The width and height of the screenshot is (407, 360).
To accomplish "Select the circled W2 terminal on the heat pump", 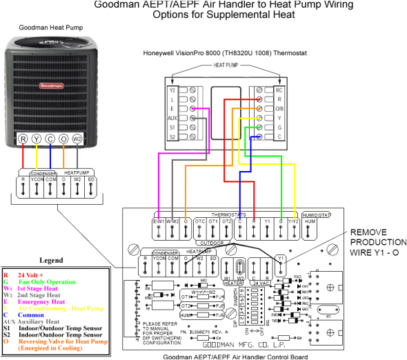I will (x=78, y=139).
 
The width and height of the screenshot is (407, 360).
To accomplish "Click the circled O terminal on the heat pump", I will (x=63, y=139).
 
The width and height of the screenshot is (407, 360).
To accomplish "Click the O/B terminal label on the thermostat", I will (x=279, y=108).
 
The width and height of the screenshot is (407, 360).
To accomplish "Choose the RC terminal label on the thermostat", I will (x=279, y=90).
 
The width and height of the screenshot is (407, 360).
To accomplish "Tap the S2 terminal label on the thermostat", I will (x=172, y=137).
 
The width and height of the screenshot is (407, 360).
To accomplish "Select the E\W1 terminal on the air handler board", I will (x=159, y=221).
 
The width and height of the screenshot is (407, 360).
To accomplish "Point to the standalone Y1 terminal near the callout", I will (x=281, y=259).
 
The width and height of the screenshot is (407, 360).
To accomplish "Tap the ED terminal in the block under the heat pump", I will (x=92, y=181).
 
